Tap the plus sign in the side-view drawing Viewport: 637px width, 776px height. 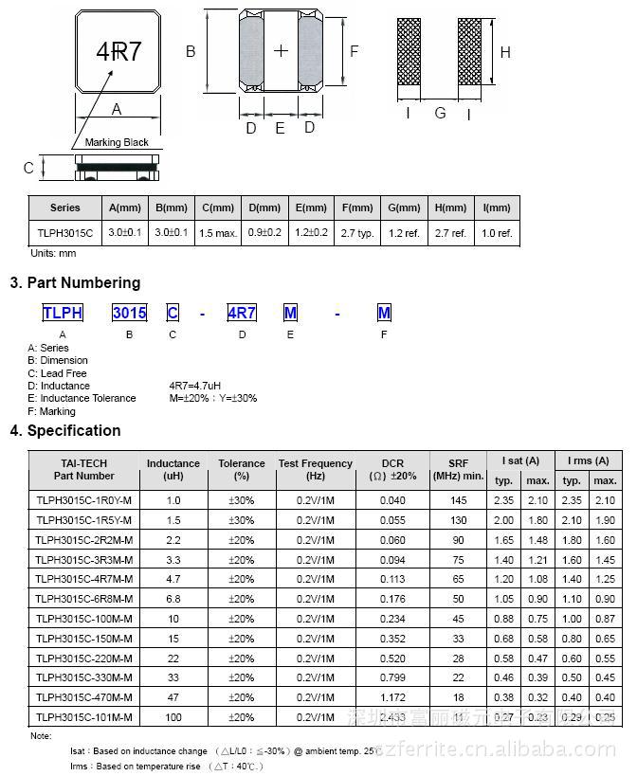click(281, 50)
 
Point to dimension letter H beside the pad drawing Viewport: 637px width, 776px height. click(505, 53)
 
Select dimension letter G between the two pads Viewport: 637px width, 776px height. click(440, 114)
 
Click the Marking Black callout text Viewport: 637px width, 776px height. click(117, 142)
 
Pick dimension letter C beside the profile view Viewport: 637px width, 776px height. click(28, 168)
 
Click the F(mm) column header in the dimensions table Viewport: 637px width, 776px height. click(357, 208)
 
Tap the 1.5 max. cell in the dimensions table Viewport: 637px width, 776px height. click(219, 232)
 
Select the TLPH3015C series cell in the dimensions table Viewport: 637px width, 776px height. click(65, 232)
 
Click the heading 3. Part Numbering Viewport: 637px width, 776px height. click(75, 282)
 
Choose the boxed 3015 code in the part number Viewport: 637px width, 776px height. click(129, 313)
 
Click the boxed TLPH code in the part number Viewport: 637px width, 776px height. click(63, 313)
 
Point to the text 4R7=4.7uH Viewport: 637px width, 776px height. click(195, 386)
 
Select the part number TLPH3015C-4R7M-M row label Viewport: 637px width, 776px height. click(84, 579)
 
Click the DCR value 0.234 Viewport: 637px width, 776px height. click(392, 619)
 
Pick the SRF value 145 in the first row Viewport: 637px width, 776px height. click(459, 500)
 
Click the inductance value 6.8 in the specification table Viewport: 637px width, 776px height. click(173, 599)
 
